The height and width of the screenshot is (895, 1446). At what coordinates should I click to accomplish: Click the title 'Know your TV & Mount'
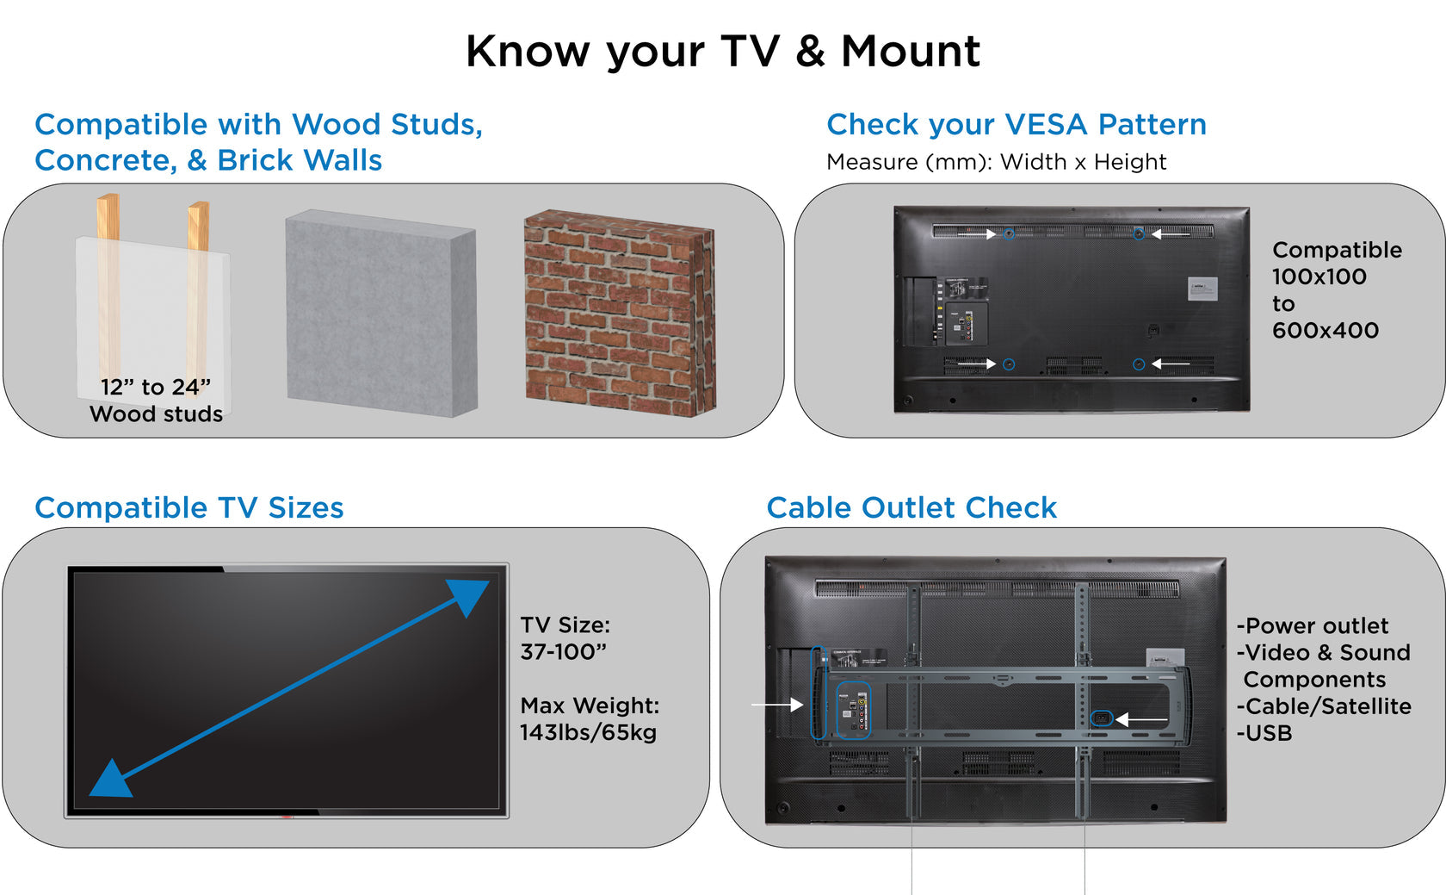tap(722, 51)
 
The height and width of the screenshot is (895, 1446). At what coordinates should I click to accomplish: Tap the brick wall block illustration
tap(619, 314)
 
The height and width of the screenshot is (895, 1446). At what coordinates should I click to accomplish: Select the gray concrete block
tap(380, 314)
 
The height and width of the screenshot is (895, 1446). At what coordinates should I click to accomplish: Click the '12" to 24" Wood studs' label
tap(156, 401)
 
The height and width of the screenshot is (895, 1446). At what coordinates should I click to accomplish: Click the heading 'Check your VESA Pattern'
tap(1016, 125)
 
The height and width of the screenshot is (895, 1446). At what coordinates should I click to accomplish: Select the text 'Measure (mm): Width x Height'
tap(996, 162)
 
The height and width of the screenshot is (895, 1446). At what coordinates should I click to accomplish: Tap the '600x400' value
tap(1325, 330)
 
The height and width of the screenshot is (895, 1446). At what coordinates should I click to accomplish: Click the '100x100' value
tap(1319, 277)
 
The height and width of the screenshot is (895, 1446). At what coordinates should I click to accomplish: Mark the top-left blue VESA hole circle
tap(1009, 233)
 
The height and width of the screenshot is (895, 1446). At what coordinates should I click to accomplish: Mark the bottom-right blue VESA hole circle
tap(1138, 364)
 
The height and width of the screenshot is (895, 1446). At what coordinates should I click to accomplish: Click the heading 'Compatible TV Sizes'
tap(188, 508)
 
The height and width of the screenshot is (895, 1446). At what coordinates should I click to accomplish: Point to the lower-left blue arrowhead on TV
tap(110, 779)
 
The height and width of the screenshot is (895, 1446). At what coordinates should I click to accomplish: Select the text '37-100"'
tap(563, 652)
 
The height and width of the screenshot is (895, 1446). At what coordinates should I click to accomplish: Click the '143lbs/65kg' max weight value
tap(588, 733)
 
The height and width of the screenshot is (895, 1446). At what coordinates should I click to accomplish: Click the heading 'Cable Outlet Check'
tap(911, 508)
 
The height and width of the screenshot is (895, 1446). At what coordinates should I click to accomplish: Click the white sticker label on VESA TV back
tap(1202, 289)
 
